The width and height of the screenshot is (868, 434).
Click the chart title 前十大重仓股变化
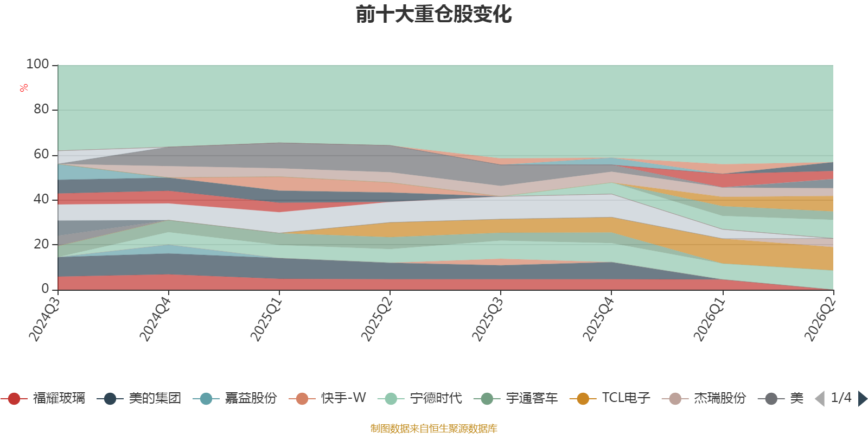pyautogui.click(x=433, y=15)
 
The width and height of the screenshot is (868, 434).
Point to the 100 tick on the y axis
pyautogui.click(x=37, y=64)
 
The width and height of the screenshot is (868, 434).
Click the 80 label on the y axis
pyautogui.click(x=41, y=109)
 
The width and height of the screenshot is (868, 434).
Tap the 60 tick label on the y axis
pyautogui.click(x=41, y=154)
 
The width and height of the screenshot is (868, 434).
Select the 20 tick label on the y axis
pyautogui.click(x=41, y=244)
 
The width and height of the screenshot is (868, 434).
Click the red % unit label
pyautogui.click(x=24, y=88)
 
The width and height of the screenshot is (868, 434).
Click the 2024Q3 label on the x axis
pyautogui.click(x=45, y=320)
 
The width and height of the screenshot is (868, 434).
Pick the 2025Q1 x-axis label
pyautogui.click(x=266, y=320)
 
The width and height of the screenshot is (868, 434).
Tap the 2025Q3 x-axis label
pyautogui.click(x=488, y=320)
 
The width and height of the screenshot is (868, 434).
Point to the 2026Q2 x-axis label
pyautogui.click(x=820, y=320)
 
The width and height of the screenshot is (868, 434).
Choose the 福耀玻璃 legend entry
pyautogui.click(x=43, y=398)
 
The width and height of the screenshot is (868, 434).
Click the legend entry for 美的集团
pyautogui.click(x=139, y=398)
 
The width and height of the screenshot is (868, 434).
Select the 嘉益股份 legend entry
pyautogui.click(x=235, y=398)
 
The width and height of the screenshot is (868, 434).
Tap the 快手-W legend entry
pyautogui.click(x=328, y=398)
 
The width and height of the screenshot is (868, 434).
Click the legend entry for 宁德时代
pyautogui.click(x=420, y=398)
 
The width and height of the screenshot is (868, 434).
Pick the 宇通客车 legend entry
pyautogui.click(x=516, y=398)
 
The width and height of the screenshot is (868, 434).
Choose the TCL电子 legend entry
pyautogui.click(x=610, y=398)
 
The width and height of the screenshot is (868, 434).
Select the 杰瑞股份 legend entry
pyautogui.click(x=704, y=398)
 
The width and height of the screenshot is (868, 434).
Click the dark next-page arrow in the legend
pyautogui.click(x=863, y=398)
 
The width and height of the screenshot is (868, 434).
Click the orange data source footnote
pyautogui.click(x=433, y=428)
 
